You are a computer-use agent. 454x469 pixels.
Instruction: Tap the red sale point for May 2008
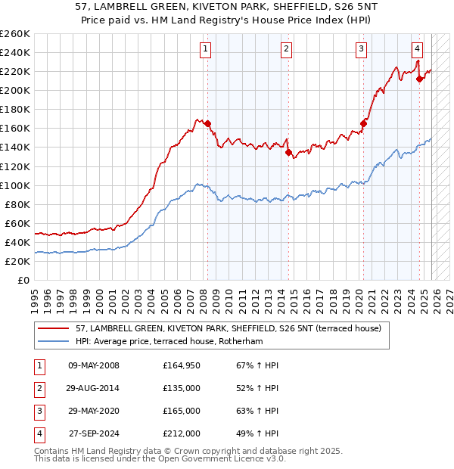pyautogui.click(x=207, y=124)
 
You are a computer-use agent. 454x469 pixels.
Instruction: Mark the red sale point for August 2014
pyautogui.click(x=288, y=152)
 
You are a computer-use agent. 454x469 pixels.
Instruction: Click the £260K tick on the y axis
pyautogui.click(x=15, y=33)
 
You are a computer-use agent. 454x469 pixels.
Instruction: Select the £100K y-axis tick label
pyautogui.click(x=15, y=185)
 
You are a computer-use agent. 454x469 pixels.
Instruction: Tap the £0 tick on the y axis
pyautogui.click(x=24, y=281)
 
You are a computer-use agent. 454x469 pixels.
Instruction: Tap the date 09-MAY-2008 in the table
pyautogui.click(x=94, y=366)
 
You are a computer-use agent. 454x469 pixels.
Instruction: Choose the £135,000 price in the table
pyautogui.click(x=182, y=389)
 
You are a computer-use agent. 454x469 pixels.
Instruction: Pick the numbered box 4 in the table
pyautogui.click(x=37, y=434)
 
